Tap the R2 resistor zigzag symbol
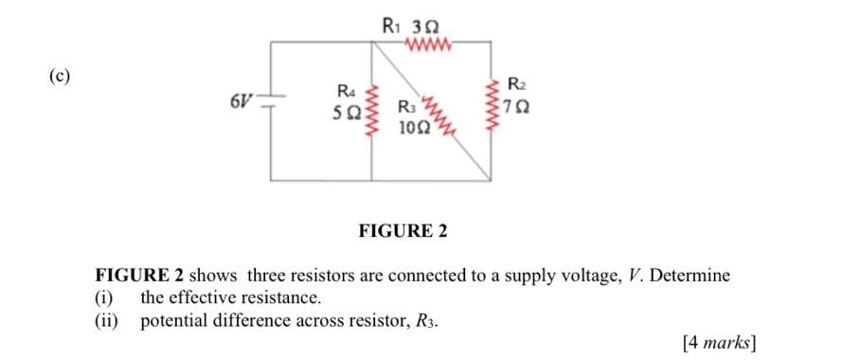pos(492,105)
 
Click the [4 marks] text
pos(723,341)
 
